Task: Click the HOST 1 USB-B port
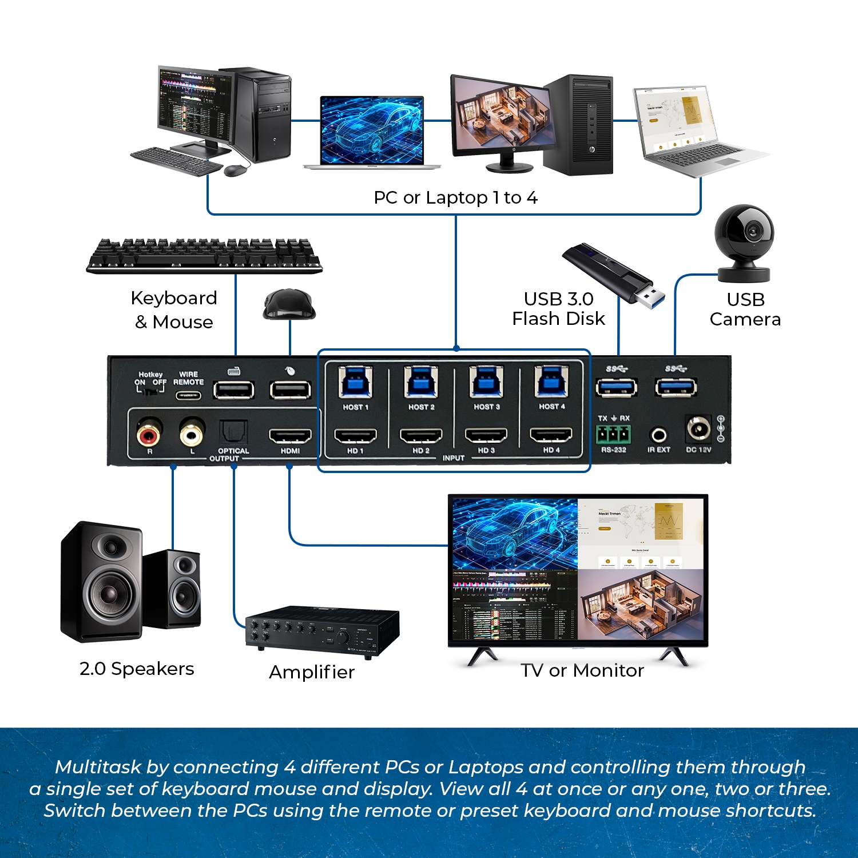coord(356,382)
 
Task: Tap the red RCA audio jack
coord(149,435)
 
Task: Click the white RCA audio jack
coord(192,435)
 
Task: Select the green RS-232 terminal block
coord(613,435)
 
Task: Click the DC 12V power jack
coord(698,430)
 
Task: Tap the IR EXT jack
coord(658,435)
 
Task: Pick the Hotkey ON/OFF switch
coord(150,391)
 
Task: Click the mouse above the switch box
coord(289,304)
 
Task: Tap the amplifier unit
coord(321,632)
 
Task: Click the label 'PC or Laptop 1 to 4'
coord(455,198)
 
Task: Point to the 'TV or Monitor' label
coord(582,670)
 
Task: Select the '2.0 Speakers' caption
coord(137,669)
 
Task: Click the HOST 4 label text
coord(551,407)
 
